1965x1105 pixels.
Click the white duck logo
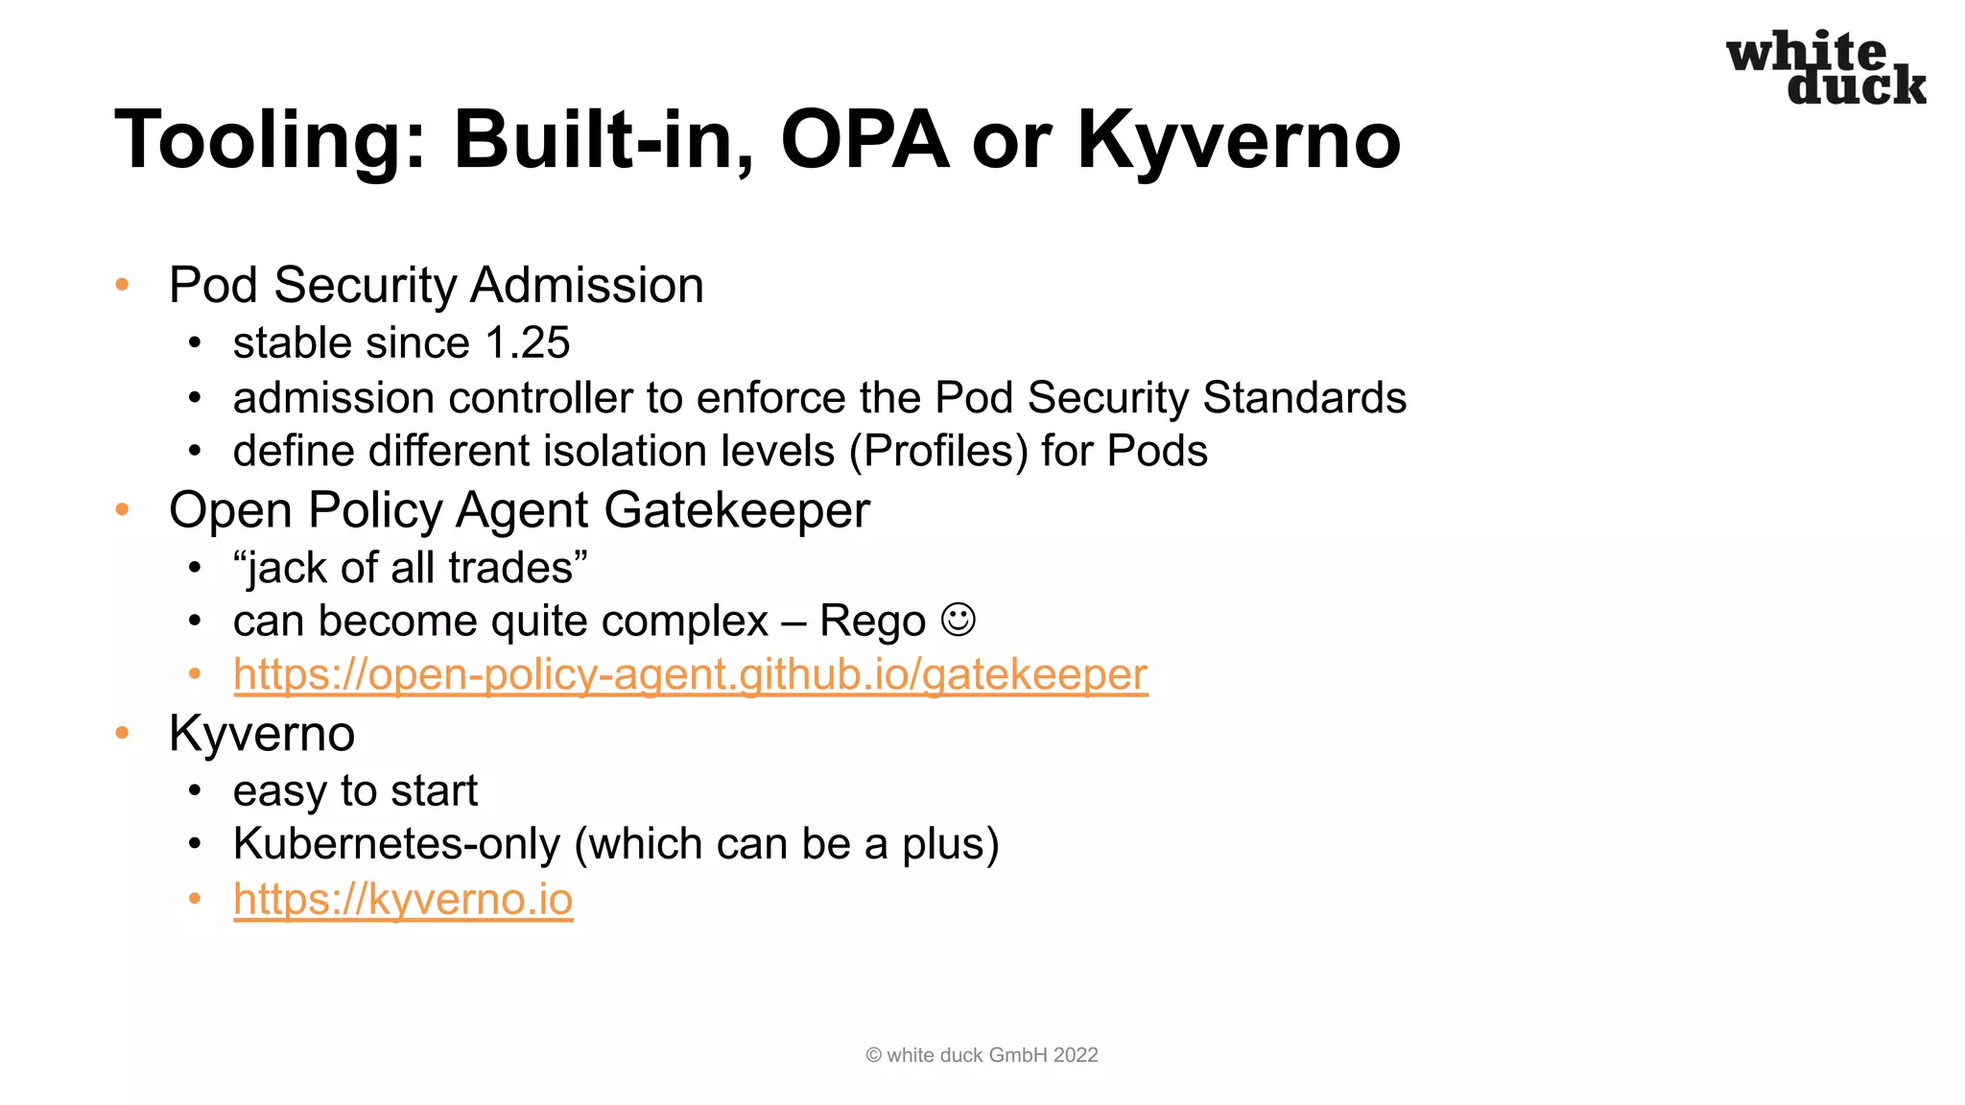pos(1826,68)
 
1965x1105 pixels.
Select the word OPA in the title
pos(864,140)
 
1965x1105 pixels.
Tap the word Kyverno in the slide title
pos(1238,141)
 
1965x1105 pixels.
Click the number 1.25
pos(527,342)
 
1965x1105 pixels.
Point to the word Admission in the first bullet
pos(586,285)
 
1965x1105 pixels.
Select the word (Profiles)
pos(938,451)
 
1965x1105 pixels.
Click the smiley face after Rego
pos(958,620)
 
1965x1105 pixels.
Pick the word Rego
pos(872,622)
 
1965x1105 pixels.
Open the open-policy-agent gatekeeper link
pos(690,674)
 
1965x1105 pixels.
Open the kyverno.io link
pos(403,899)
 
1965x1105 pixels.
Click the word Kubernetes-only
pos(396,844)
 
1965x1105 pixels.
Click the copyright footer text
pos(982,1055)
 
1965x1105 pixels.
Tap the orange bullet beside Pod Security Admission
pos(122,285)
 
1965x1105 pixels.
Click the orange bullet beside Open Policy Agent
pos(122,509)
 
